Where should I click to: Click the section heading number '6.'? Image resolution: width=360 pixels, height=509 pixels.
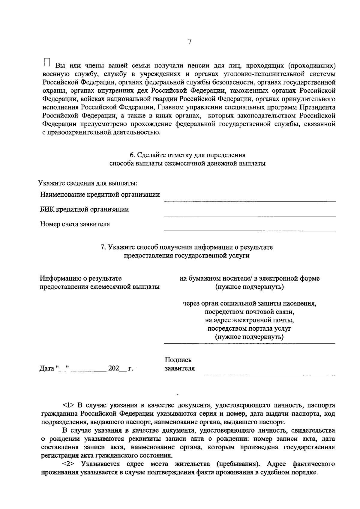(x=132, y=155)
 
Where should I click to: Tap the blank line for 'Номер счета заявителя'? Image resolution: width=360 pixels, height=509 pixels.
(x=250, y=230)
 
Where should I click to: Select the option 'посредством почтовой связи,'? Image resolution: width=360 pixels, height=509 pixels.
(x=250, y=312)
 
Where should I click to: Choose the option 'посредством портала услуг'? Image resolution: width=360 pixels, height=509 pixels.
(x=250, y=329)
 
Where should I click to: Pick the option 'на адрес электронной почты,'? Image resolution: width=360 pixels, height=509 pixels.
(x=250, y=320)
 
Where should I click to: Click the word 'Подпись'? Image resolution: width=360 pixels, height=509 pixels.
(x=178, y=360)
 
